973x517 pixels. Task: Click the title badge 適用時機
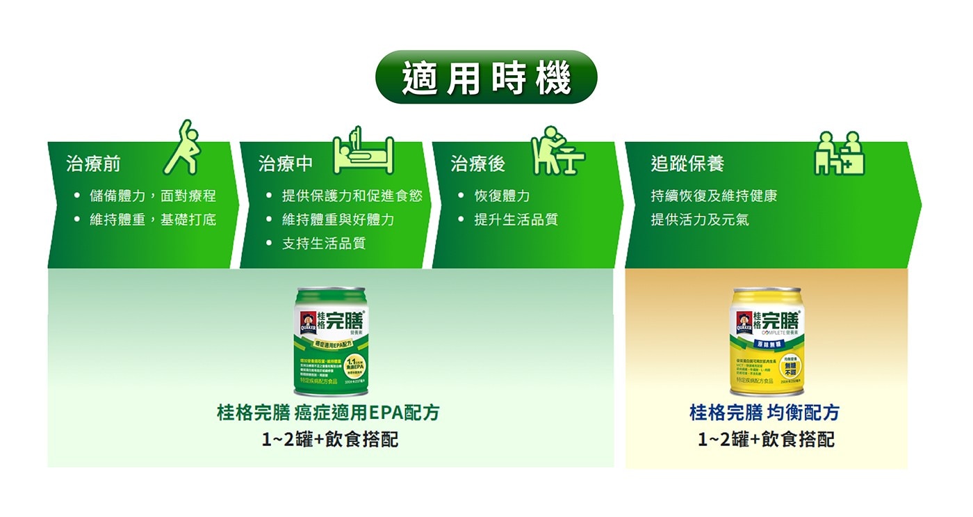[x=486, y=77]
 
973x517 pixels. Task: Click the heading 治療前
[x=93, y=164]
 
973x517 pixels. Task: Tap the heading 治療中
[x=286, y=164]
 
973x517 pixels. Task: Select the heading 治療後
[x=478, y=164]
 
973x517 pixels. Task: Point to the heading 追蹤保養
[x=687, y=164]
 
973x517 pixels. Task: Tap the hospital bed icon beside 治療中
[x=363, y=152]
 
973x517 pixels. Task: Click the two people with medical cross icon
[x=840, y=153]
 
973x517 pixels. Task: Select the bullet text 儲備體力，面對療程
[x=153, y=196]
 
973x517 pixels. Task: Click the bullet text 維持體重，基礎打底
[x=153, y=220]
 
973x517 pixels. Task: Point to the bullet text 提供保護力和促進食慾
[x=352, y=196]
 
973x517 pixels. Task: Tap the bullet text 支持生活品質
[x=323, y=244]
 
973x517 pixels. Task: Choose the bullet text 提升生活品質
[x=516, y=220]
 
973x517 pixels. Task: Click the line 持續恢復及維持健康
[x=714, y=196]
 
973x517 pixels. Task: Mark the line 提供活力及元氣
[x=700, y=220]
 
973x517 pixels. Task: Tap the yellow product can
[x=765, y=341]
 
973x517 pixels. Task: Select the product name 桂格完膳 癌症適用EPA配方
[x=328, y=413]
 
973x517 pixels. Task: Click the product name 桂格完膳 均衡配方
[x=764, y=413]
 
